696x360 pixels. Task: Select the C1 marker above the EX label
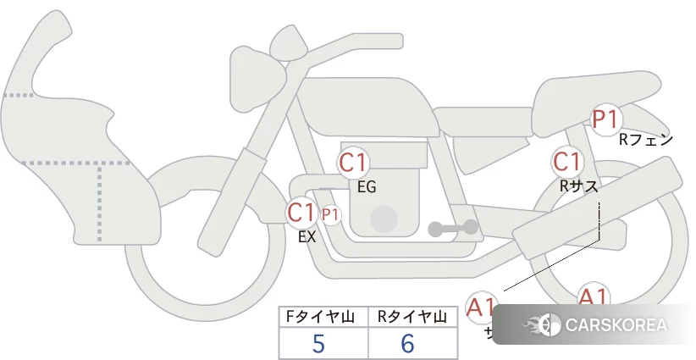[x=301, y=212]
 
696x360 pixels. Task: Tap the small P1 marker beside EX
[x=329, y=215]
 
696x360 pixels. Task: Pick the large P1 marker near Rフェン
[x=605, y=119]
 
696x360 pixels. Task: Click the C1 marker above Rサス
[x=566, y=162]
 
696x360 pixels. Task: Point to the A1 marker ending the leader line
[x=481, y=307]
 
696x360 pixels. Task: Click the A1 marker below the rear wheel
[x=593, y=297]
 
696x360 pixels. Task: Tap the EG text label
[x=367, y=187]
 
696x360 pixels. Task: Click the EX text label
[x=307, y=238]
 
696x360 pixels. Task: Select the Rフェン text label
[x=645, y=140]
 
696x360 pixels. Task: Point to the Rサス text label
[x=579, y=186]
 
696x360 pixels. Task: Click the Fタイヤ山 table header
[x=323, y=317]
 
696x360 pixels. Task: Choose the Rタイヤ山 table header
[x=412, y=317]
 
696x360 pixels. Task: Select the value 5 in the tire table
[x=319, y=343]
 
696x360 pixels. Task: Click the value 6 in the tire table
[x=408, y=343]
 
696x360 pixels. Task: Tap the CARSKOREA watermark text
[x=615, y=325]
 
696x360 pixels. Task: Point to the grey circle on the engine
[x=385, y=218]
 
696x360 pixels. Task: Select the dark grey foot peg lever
[x=452, y=228]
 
